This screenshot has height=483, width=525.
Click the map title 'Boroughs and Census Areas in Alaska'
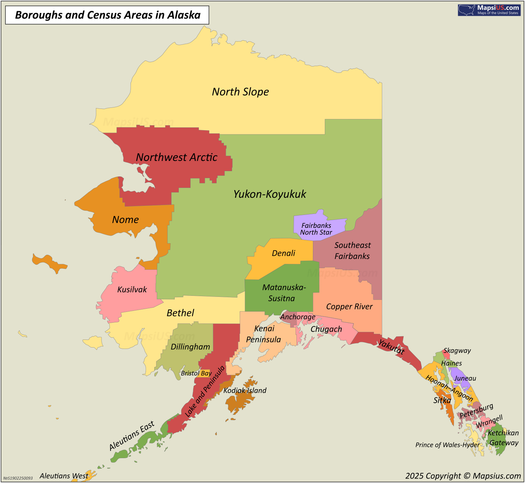(107, 15)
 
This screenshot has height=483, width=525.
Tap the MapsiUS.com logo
(489, 10)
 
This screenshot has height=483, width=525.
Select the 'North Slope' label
(240, 92)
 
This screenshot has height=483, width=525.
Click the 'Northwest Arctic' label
(176, 157)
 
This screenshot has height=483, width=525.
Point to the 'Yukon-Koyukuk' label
(269, 194)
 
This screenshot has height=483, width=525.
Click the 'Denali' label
(283, 253)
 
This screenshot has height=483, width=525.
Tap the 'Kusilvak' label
(132, 289)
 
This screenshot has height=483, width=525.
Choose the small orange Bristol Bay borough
(205, 373)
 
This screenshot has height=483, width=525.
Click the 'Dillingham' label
(190, 347)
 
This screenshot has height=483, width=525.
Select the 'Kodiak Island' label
(245, 391)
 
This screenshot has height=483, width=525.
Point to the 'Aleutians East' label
(132, 436)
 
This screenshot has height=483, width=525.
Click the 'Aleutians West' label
(64, 476)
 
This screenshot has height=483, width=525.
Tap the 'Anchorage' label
(298, 317)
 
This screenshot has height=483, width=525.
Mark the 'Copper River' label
(349, 307)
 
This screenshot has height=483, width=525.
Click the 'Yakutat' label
(391, 346)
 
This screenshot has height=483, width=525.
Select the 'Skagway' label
(457, 351)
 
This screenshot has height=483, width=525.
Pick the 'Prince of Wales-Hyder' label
(447, 445)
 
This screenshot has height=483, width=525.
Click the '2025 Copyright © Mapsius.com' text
(463, 476)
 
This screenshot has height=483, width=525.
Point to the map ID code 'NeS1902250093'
(18, 478)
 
